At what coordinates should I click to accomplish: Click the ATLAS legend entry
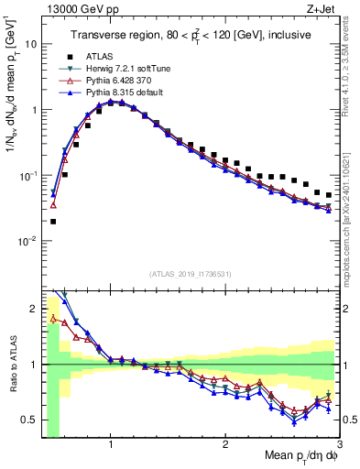(x=99, y=55)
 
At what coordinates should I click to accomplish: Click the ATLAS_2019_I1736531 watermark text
(x=190, y=272)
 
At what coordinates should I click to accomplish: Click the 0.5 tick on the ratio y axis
(x=30, y=420)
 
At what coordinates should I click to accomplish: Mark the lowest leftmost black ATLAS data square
(x=53, y=221)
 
